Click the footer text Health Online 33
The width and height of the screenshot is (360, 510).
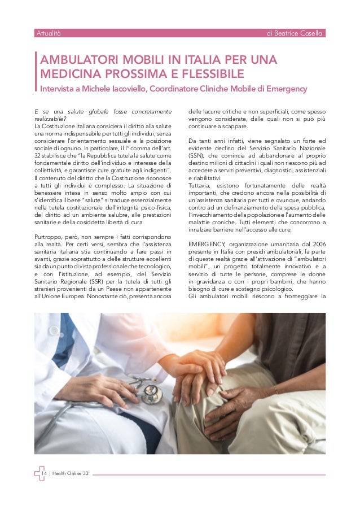pyautogui.click(x=71, y=473)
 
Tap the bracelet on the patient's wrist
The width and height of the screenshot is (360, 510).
pyautogui.click(x=275, y=389)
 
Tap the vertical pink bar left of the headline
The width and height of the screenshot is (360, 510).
pyautogui.click(x=36, y=73)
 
